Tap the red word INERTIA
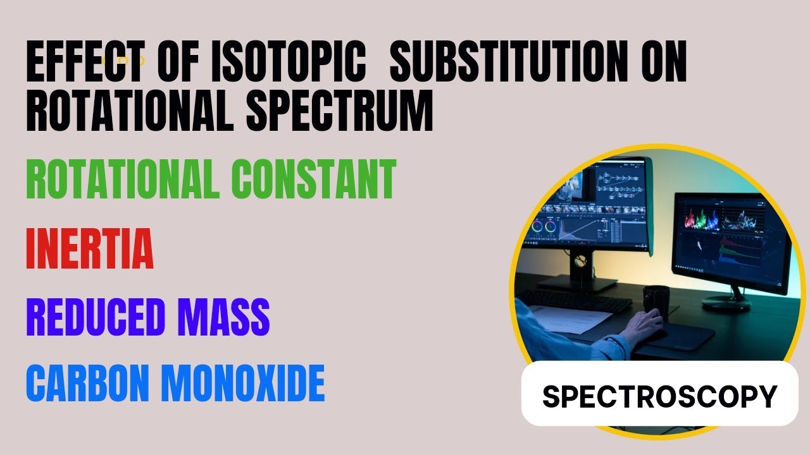click(90, 250)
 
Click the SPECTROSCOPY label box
click(659, 396)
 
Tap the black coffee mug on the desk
click(656, 299)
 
